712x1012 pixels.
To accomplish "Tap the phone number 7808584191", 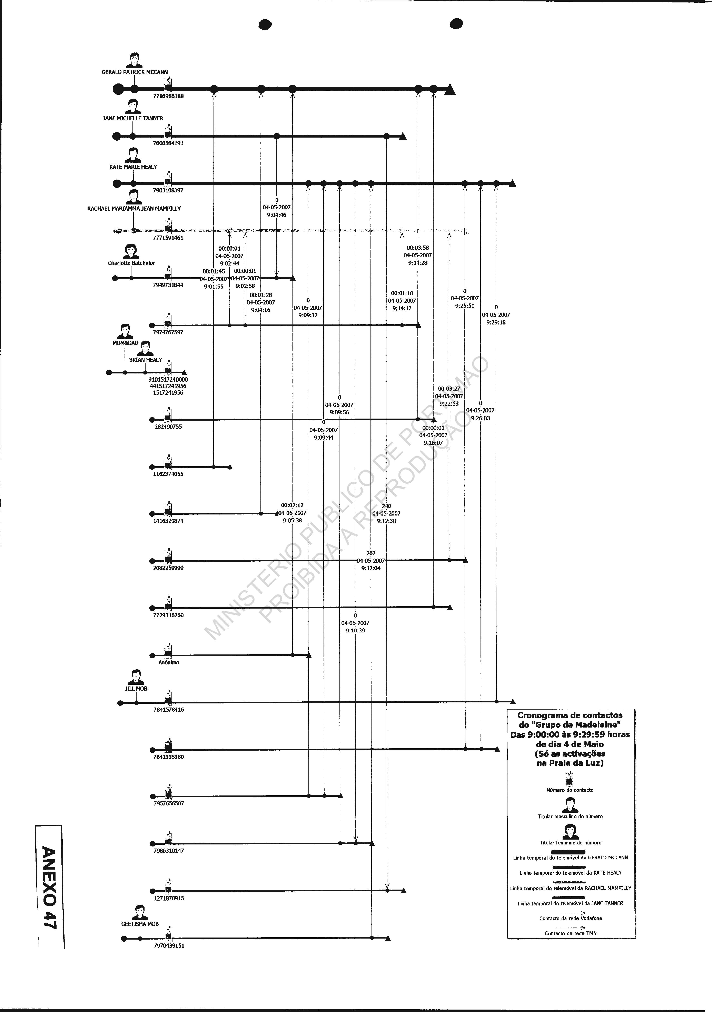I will (168, 143).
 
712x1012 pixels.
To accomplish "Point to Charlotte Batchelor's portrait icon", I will (131, 252).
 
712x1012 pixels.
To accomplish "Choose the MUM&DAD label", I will (125, 343).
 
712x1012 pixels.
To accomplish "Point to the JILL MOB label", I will (136, 689).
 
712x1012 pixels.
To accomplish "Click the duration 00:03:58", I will (417, 248).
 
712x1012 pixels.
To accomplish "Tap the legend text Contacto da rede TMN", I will (571, 933).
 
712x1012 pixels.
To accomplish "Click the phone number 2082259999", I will (168, 568).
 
